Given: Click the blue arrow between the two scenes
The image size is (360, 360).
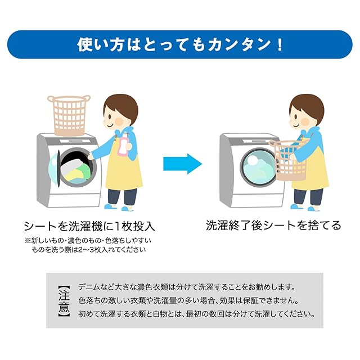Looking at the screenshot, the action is pyautogui.click(x=182, y=164).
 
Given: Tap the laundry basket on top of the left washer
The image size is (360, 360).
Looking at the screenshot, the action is pyautogui.click(x=69, y=114).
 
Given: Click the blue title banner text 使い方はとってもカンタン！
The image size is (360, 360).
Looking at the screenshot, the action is pyautogui.click(x=179, y=45).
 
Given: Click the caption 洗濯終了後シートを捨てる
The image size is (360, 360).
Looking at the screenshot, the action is pyautogui.click(x=273, y=226).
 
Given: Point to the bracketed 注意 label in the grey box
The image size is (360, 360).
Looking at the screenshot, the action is pyautogui.click(x=64, y=300).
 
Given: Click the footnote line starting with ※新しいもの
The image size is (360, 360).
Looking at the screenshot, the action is pyautogui.click(x=88, y=240).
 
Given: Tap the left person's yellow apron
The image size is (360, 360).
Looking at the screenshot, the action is pyautogui.click(x=124, y=172).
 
